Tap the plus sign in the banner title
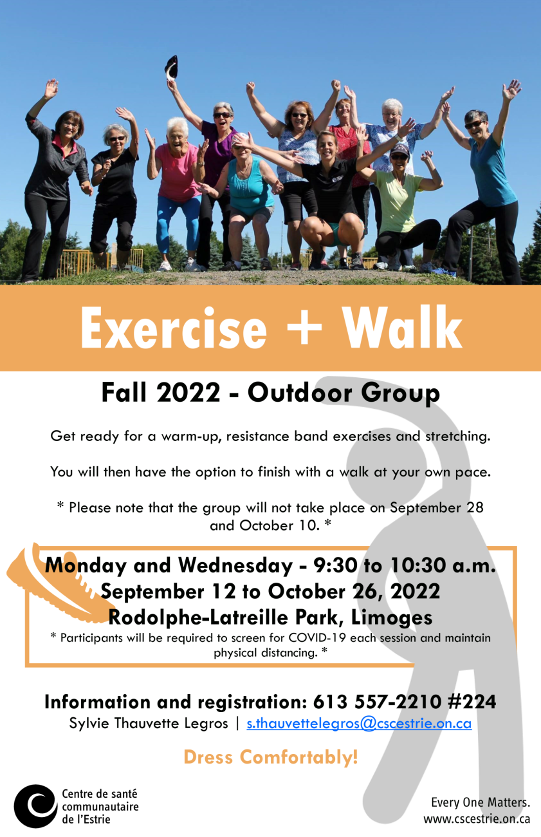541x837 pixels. [x=304, y=326]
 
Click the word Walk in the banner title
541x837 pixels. [x=403, y=327]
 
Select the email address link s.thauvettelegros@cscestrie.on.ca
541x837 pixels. [x=359, y=724]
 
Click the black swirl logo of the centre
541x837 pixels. [x=36, y=806]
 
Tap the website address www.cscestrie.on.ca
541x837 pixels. [x=477, y=819]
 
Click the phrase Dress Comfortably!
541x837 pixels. [x=271, y=757]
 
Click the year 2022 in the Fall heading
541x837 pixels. [x=188, y=393]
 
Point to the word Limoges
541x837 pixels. [x=392, y=617]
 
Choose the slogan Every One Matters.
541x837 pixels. [x=481, y=802]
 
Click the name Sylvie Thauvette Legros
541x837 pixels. [x=149, y=724]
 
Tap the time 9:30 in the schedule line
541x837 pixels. [x=335, y=565]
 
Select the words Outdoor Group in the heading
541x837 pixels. [x=344, y=393]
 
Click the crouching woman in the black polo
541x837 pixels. [x=333, y=198]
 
